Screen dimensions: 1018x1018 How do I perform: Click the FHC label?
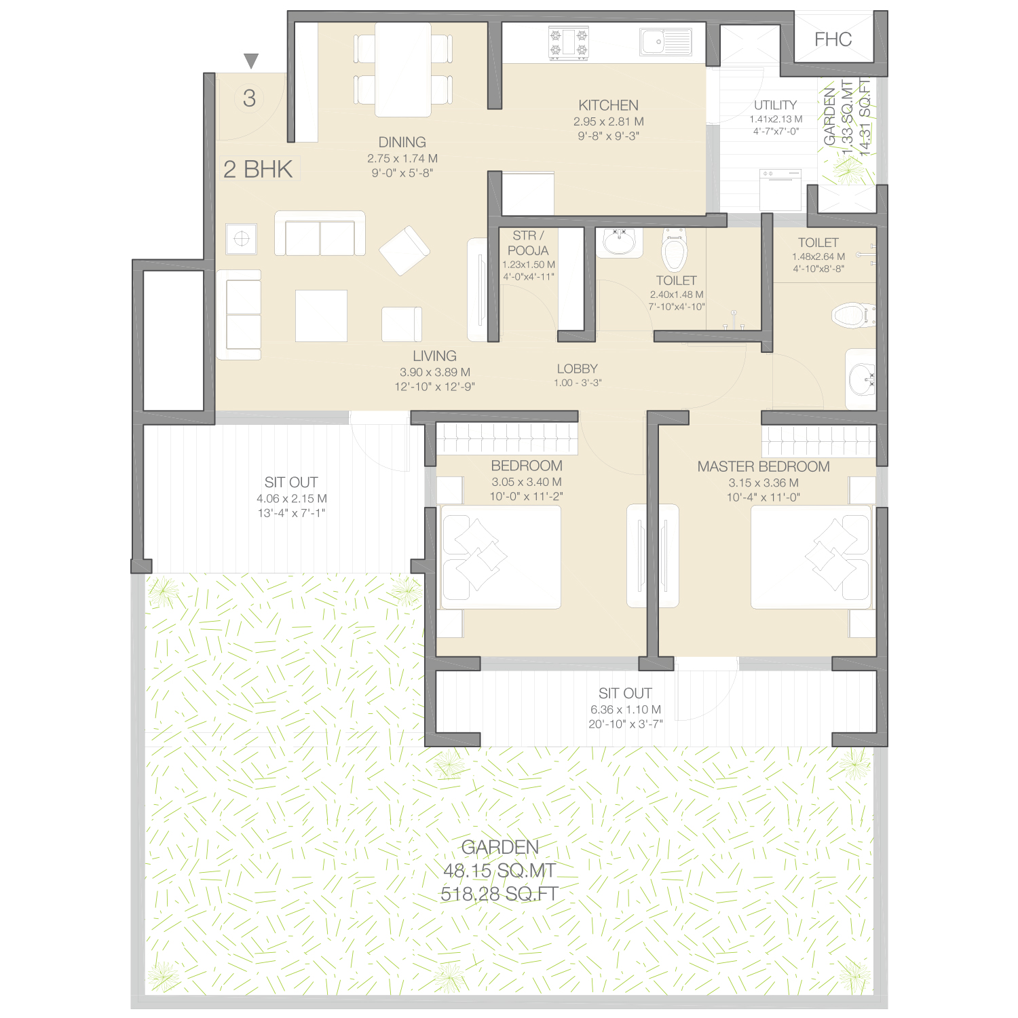point(833,39)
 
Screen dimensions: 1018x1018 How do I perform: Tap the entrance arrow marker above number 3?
point(251,61)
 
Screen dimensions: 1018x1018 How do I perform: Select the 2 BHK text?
point(258,169)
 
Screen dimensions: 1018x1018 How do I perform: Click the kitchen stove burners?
point(569,43)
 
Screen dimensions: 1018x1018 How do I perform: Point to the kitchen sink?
point(666,42)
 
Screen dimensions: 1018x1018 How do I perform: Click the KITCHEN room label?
point(609,105)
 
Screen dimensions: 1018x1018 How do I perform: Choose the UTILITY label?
point(776,105)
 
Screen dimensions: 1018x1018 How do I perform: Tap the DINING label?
point(402,143)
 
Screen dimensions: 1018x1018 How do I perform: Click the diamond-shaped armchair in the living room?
point(404,250)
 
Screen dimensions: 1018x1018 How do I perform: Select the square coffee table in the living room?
point(322,316)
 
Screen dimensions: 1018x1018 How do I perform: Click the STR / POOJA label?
point(528,243)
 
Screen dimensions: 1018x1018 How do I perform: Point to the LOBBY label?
point(578,369)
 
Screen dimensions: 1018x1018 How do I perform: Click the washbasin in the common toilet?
point(619,242)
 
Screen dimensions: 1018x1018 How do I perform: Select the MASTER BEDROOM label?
point(763,467)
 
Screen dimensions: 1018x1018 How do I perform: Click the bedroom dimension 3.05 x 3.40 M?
point(527,482)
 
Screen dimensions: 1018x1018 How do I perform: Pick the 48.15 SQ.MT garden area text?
point(499,871)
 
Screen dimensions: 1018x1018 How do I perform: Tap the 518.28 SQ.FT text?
point(499,894)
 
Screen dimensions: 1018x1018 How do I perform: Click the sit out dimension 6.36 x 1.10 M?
point(626,709)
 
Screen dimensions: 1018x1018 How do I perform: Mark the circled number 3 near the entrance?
point(250,98)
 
